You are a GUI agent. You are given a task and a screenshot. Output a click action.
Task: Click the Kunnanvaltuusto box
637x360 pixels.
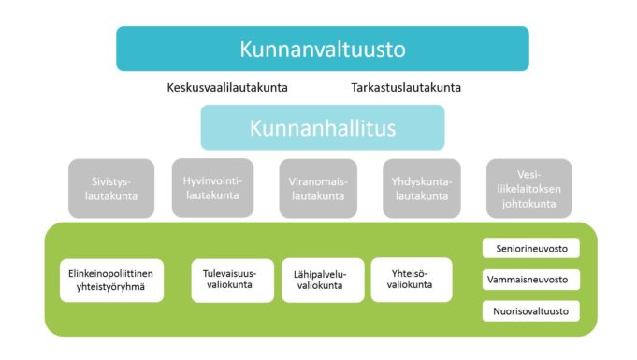point(322,49)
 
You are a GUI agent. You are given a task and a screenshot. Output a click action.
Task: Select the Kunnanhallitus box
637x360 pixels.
point(322,127)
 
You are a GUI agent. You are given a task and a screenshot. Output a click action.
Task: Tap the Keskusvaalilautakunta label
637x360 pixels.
point(227,88)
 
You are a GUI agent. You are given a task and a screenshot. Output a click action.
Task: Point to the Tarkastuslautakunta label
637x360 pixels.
point(406,88)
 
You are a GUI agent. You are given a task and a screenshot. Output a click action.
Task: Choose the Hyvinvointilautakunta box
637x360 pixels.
point(212,187)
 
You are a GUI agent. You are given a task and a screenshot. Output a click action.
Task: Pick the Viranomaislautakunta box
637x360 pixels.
point(317,188)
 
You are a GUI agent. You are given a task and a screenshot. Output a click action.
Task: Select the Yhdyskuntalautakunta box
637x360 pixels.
point(423,188)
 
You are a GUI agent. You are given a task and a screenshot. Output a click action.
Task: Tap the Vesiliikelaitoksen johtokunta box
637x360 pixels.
point(528,188)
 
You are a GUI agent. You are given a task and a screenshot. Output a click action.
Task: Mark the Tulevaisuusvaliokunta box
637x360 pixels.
point(233,281)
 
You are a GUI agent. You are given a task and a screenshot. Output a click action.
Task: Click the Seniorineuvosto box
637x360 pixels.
point(531,249)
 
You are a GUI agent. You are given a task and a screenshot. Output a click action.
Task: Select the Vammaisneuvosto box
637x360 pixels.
point(531,280)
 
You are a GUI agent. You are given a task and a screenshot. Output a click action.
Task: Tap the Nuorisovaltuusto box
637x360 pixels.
point(531,310)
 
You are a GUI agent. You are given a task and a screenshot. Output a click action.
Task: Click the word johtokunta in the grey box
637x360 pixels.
point(528,203)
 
